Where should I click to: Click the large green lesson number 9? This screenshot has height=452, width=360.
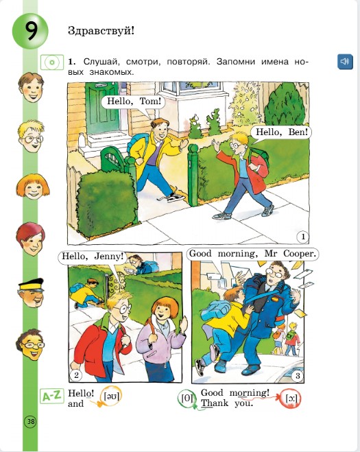tap(29, 32)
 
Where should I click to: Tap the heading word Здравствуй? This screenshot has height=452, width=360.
tap(102, 30)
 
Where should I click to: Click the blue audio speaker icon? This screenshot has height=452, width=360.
tap(345, 62)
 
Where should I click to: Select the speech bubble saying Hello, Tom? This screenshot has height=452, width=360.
tap(134, 102)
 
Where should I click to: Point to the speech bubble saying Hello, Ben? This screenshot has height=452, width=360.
tap(280, 130)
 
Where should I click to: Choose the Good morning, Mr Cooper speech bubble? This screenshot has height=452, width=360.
tap(254, 254)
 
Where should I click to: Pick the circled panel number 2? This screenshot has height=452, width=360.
tap(77, 375)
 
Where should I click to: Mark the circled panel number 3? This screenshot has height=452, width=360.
tap(297, 375)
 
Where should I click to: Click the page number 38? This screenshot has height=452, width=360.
tap(31, 421)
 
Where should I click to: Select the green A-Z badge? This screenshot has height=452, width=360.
tap(52, 396)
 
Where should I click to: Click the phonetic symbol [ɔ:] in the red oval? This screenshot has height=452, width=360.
tap(290, 399)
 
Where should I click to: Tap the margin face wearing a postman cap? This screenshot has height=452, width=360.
tap(30, 292)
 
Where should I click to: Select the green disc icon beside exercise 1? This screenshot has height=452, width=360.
tap(51, 62)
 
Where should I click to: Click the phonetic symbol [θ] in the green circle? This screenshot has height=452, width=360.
tap(186, 397)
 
